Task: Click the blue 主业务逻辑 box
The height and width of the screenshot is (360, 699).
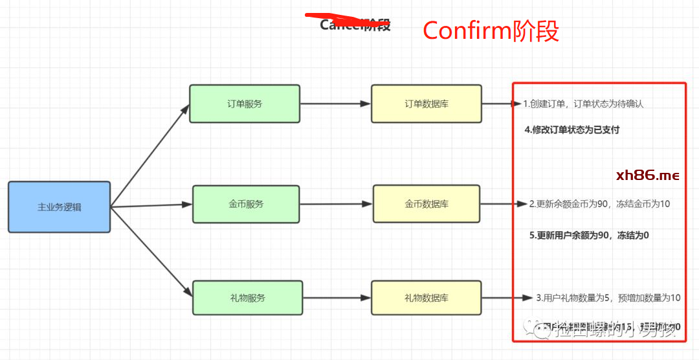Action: (59, 207)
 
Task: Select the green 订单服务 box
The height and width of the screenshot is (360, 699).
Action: (245, 103)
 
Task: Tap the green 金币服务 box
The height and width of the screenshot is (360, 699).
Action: (246, 204)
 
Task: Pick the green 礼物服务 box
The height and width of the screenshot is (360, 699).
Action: (247, 298)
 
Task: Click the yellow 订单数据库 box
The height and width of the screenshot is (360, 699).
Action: (426, 103)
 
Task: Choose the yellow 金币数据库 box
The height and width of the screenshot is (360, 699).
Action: (427, 204)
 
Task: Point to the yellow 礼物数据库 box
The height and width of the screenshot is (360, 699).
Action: (426, 298)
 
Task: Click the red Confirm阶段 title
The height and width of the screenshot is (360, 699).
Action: (491, 30)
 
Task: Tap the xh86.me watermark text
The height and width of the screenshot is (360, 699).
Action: (647, 175)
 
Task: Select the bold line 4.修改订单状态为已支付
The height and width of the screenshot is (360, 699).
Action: (572, 129)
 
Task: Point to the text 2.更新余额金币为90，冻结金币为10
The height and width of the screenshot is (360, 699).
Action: (599, 204)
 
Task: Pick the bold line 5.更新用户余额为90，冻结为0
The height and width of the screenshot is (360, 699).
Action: (589, 235)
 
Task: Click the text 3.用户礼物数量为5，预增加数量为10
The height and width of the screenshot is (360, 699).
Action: (608, 298)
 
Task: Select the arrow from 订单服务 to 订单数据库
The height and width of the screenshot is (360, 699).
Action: (335, 104)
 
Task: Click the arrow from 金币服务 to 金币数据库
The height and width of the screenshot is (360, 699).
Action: (336, 204)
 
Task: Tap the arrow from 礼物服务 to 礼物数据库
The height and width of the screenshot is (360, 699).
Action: (337, 298)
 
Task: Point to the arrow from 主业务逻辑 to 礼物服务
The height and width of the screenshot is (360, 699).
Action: (151, 253)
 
